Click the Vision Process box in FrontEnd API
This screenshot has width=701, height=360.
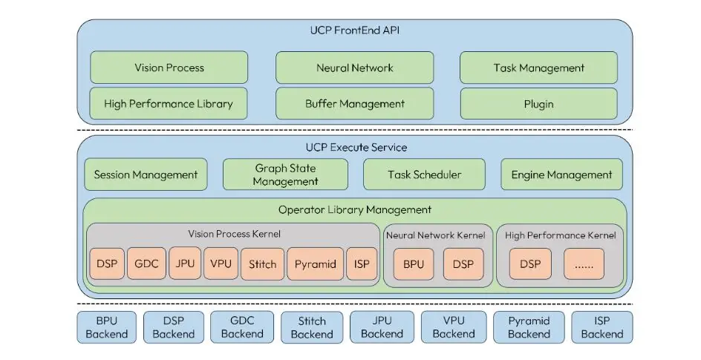[169, 68]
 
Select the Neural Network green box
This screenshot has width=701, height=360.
[354, 68]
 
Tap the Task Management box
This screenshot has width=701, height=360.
[538, 68]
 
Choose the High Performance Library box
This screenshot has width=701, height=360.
[169, 104]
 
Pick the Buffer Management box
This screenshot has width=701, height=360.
[354, 104]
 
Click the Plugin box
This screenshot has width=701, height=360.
[538, 104]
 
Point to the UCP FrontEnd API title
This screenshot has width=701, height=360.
[354, 31]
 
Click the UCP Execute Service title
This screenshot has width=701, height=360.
[354, 147]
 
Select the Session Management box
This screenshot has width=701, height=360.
[146, 175]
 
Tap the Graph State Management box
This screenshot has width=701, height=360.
[285, 175]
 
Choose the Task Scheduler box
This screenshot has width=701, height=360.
[424, 175]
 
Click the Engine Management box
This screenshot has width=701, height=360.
[561, 175]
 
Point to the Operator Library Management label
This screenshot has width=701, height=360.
[354, 210]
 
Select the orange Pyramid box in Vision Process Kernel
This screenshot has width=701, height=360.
[315, 264]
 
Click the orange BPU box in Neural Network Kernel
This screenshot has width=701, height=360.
[413, 264]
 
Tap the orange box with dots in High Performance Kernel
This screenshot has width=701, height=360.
[584, 264]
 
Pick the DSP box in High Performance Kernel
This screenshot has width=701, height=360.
[529, 264]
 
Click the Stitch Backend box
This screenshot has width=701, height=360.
[312, 327]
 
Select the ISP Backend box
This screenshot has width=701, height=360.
[601, 327]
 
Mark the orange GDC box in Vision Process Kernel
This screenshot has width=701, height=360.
[146, 264]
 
